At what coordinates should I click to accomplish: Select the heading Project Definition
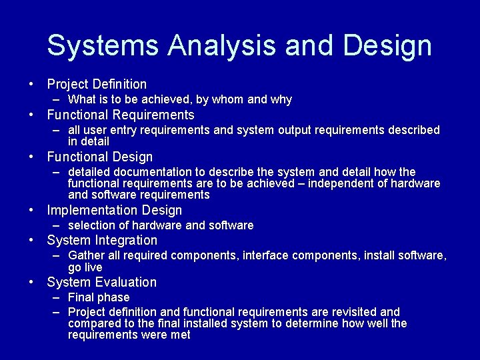pyautogui.click(x=97, y=84)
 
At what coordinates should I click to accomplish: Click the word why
pyautogui.click(x=281, y=99)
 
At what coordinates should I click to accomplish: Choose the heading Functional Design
pyautogui.click(x=100, y=157)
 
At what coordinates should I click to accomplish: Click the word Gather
pyautogui.click(x=86, y=255)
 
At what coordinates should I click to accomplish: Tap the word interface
pyautogui.click(x=265, y=255)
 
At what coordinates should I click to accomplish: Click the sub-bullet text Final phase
pyautogui.click(x=99, y=297)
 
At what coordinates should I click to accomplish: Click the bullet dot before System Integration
pyautogui.click(x=31, y=240)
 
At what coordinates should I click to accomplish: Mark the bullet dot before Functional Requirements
pyautogui.click(x=31, y=115)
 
